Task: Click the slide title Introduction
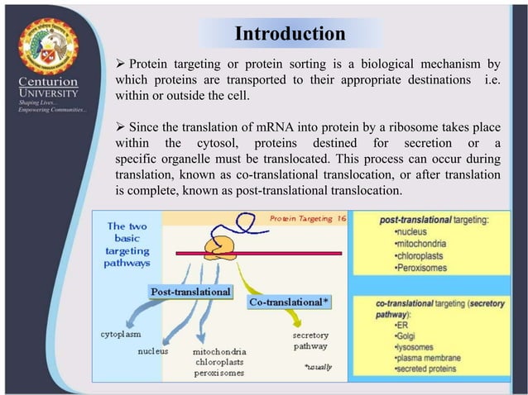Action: coord(290,34)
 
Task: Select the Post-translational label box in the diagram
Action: coord(190,292)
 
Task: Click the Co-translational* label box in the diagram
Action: coord(289,302)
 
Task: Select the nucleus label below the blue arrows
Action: coord(153,351)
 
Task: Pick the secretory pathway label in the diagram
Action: coord(310,341)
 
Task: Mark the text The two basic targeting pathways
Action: coord(128,245)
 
